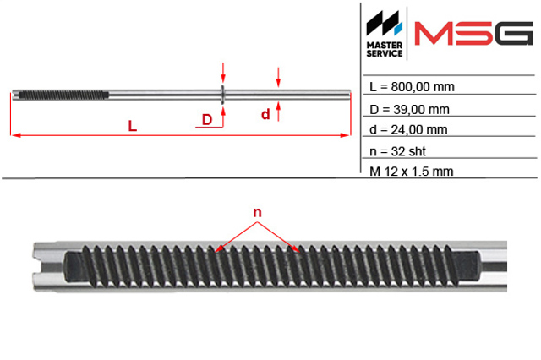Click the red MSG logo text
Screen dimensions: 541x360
point(473,34)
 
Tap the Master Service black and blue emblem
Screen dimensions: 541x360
point(384,23)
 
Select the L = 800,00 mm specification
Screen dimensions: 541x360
point(412,87)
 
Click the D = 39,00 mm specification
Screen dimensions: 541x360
point(409,110)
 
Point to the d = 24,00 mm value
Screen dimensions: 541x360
point(408,129)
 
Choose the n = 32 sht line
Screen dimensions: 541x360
point(397,151)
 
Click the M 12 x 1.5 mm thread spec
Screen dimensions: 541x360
point(412,172)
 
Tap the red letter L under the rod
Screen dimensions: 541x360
point(133,126)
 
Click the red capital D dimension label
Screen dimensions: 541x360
point(207,120)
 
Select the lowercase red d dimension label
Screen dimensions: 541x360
point(265,114)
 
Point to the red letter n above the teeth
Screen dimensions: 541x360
point(257,212)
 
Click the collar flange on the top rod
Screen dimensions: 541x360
point(223,95)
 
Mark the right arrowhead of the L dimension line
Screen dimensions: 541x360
point(346,135)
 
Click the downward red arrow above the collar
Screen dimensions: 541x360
point(223,73)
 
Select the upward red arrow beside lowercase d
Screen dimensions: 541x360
point(278,112)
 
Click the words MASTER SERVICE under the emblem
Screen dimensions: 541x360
point(385,49)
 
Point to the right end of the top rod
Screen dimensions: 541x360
point(349,95)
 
